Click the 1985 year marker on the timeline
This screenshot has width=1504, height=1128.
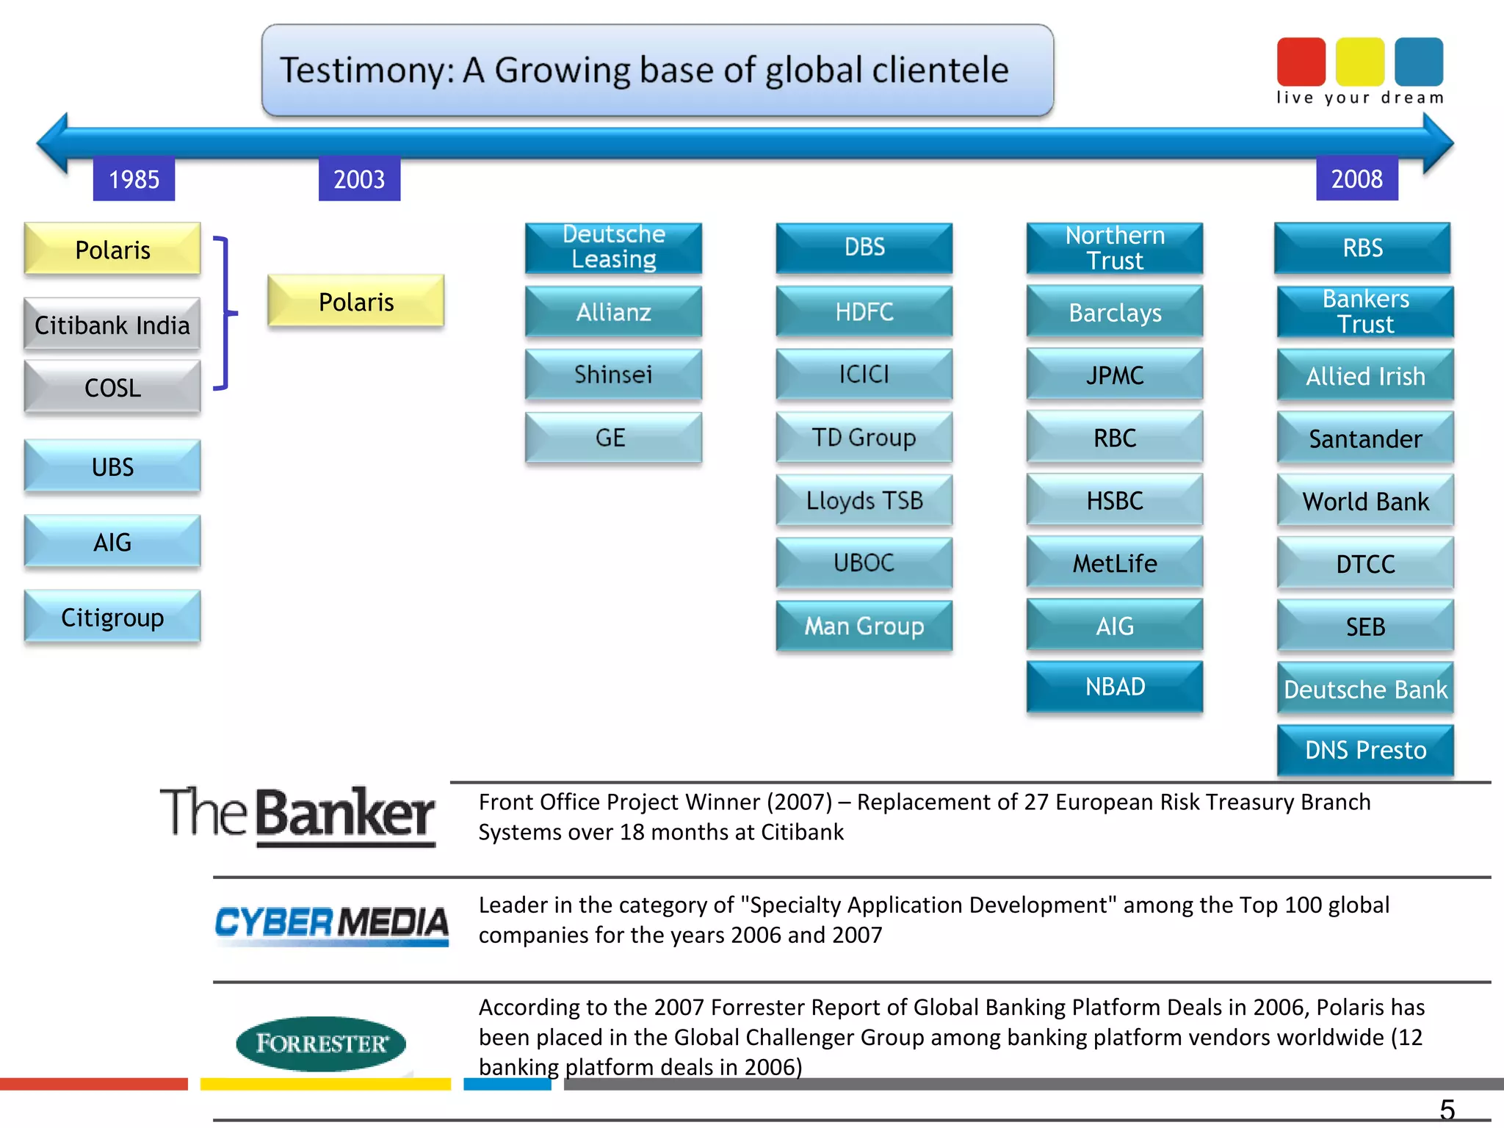[134, 179]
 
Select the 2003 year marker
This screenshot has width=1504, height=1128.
[359, 179]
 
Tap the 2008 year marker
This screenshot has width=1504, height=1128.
[1356, 178]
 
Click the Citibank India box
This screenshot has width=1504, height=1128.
[112, 325]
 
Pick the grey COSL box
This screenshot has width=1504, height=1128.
[112, 387]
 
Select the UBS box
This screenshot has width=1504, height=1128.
[112, 466]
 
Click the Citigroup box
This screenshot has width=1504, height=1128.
[112, 617]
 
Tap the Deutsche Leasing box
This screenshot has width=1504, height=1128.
[613, 247]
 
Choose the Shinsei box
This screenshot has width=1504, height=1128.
[613, 375]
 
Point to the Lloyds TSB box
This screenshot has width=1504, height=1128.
[864, 500]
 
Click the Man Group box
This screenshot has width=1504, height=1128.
[864, 626]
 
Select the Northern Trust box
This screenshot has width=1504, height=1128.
[1114, 248]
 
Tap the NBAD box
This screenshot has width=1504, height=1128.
[1114, 687]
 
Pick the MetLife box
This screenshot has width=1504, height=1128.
[1114, 563]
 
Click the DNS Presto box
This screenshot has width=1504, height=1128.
[1365, 750]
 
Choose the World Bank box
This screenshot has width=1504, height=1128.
[1365, 502]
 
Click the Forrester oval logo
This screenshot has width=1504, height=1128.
[321, 1044]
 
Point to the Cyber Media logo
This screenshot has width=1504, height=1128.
[331, 923]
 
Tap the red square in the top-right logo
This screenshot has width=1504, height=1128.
[1301, 62]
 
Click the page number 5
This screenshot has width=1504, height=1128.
[1447, 1109]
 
